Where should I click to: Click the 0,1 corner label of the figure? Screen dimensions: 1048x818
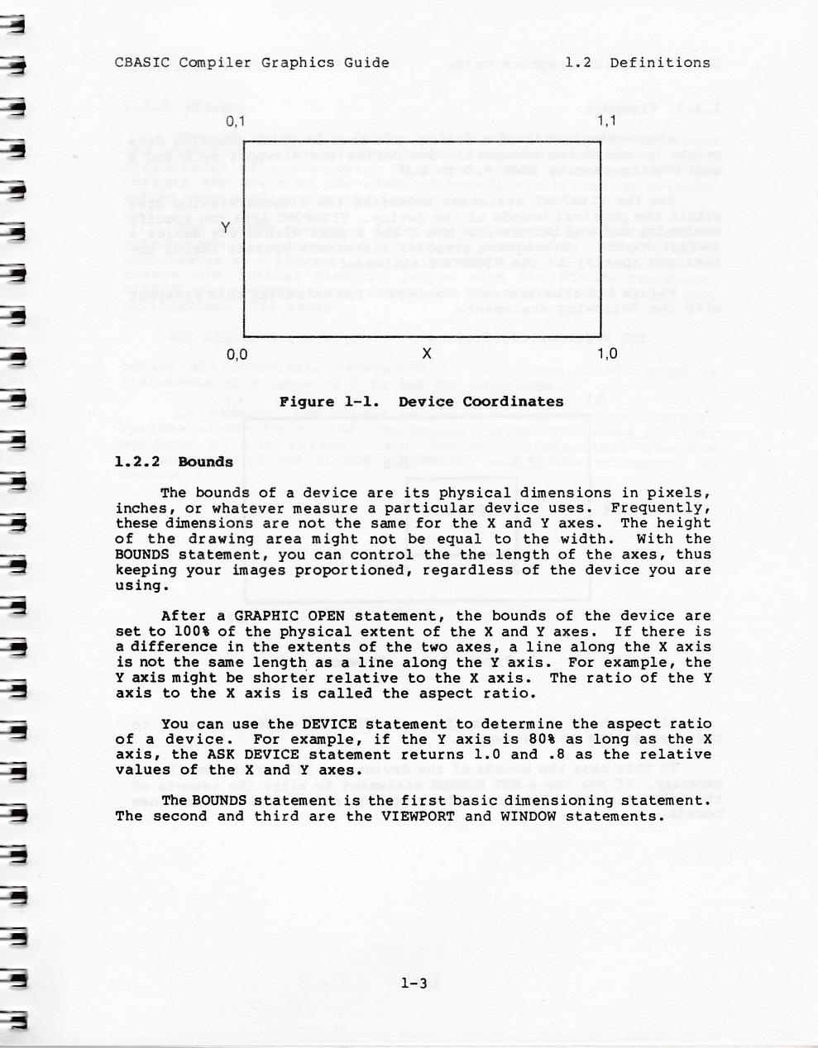tap(237, 121)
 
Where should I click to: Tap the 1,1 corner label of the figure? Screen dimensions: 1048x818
tap(607, 121)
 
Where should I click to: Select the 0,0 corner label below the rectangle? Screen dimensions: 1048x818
tap(237, 355)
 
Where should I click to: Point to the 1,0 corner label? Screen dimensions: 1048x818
tap(607, 355)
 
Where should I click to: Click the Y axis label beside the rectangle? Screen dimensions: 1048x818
tap(225, 228)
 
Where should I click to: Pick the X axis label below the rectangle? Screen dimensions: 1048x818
tap(426, 354)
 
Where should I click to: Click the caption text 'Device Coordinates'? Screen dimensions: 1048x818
tap(481, 402)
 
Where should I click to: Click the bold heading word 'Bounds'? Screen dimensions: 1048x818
tap(205, 461)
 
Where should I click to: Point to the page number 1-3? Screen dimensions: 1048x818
tap(413, 983)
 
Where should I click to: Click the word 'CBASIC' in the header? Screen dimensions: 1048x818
tap(142, 62)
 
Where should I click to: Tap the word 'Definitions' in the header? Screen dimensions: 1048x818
tap(659, 62)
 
